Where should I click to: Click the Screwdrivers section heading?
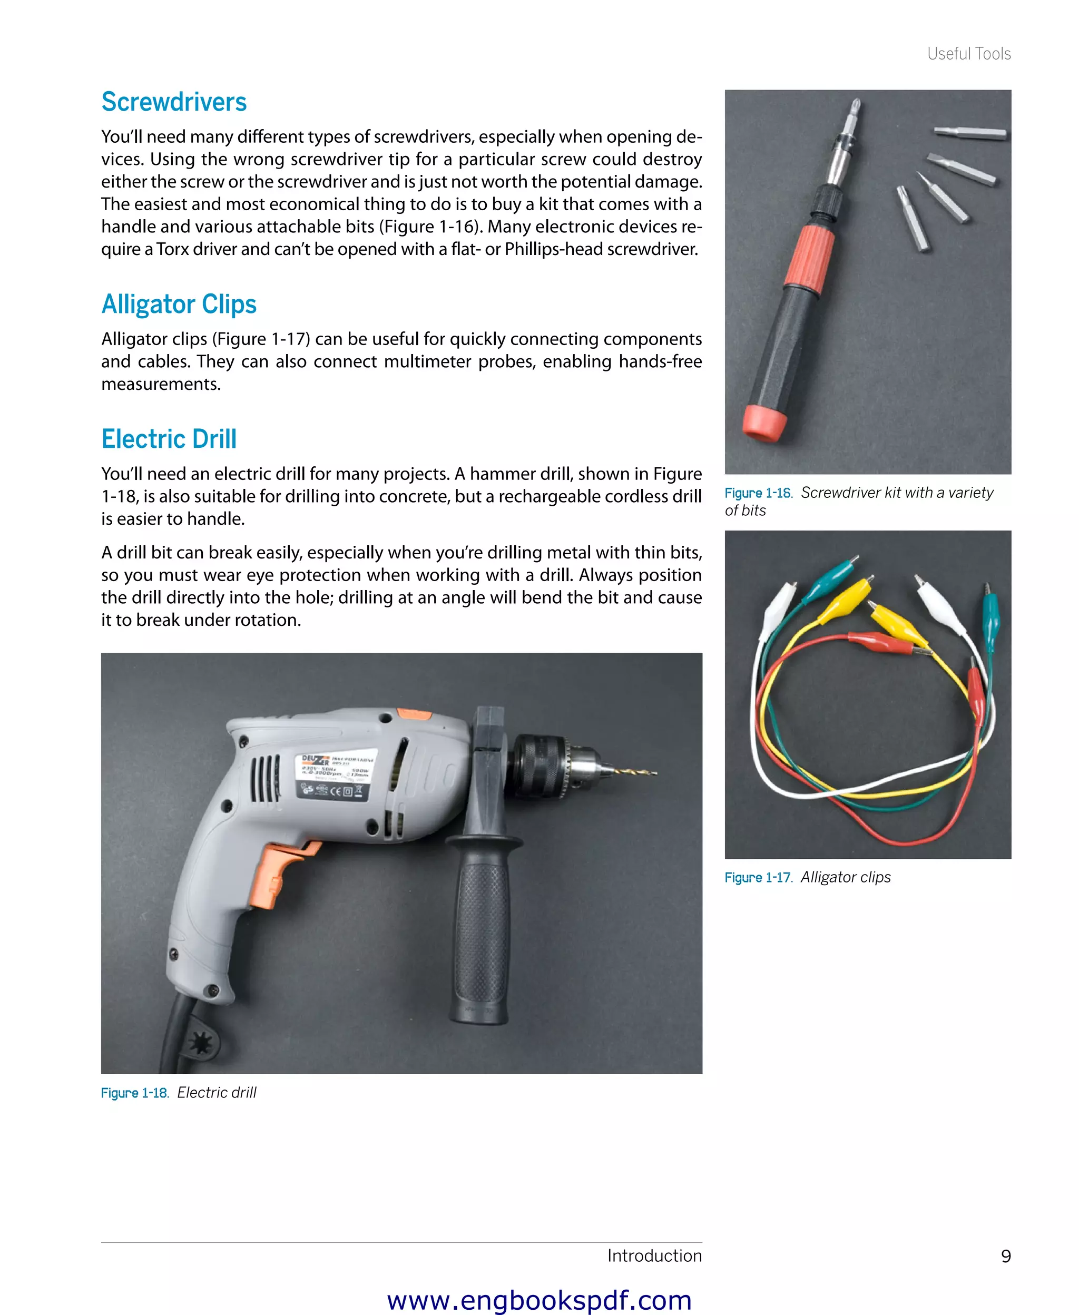(173, 102)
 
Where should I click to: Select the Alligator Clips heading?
(179, 305)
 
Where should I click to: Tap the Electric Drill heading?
(169, 439)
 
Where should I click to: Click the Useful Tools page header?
(968, 54)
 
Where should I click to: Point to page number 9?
(1006, 1256)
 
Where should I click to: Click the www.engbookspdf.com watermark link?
(539, 1300)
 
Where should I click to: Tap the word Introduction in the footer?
(654, 1255)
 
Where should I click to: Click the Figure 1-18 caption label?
(134, 1093)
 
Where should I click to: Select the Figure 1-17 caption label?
(758, 878)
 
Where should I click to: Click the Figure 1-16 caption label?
(758, 493)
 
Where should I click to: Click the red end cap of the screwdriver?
(764, 423)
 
